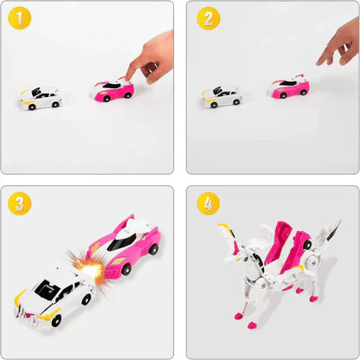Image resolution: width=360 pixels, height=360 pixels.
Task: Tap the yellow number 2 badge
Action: click(x=208, y=19)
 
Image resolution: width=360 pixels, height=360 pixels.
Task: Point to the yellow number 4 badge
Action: click(x=208, y=204)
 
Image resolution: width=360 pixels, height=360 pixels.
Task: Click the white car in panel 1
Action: click(x=42, y=98)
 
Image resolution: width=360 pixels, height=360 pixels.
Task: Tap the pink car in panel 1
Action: click(x=113, y=89)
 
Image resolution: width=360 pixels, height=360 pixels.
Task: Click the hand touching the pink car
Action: click(x=152, y=55)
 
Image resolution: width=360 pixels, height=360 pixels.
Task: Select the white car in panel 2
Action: click(x=222, y=97)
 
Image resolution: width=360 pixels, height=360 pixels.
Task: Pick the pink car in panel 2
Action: click(x=290, y=87)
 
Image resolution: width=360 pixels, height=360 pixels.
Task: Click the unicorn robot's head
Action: click(x=234, y=251)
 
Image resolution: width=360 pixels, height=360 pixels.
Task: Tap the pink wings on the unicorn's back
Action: click(x=286, y=242)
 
